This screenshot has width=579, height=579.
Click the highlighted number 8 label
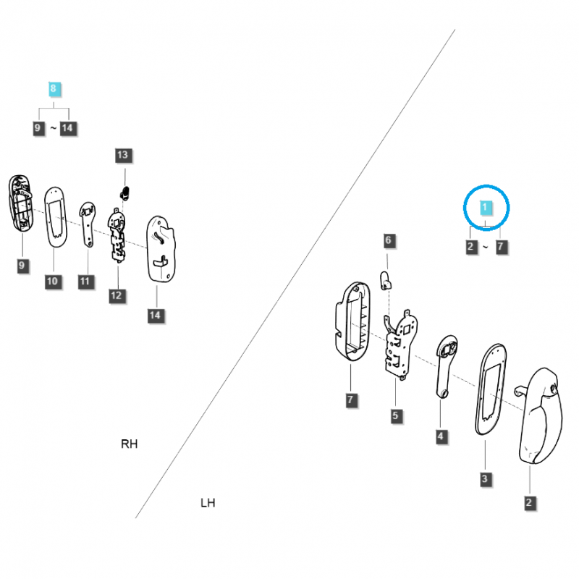53,89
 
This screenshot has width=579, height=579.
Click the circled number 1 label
486,208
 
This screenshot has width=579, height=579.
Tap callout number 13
122,155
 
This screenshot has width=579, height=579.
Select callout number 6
387,240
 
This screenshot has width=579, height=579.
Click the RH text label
129,444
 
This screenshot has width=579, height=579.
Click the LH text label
208,502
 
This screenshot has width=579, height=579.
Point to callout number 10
51,281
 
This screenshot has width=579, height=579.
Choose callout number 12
116,295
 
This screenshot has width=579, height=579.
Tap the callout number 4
441,436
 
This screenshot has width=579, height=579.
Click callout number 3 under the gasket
485,478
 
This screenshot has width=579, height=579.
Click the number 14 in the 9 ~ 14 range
68,129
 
